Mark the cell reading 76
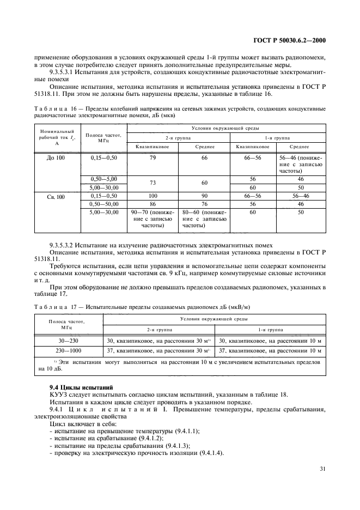204,204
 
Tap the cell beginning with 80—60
204,218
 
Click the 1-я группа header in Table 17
270,330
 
